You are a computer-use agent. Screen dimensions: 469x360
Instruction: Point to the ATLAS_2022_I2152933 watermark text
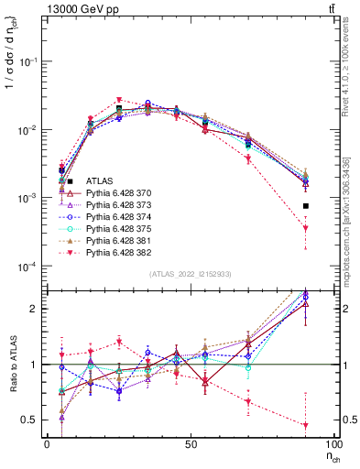(x=189, y=275)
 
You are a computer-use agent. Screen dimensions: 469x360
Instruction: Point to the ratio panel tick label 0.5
(x=31, y=420)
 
